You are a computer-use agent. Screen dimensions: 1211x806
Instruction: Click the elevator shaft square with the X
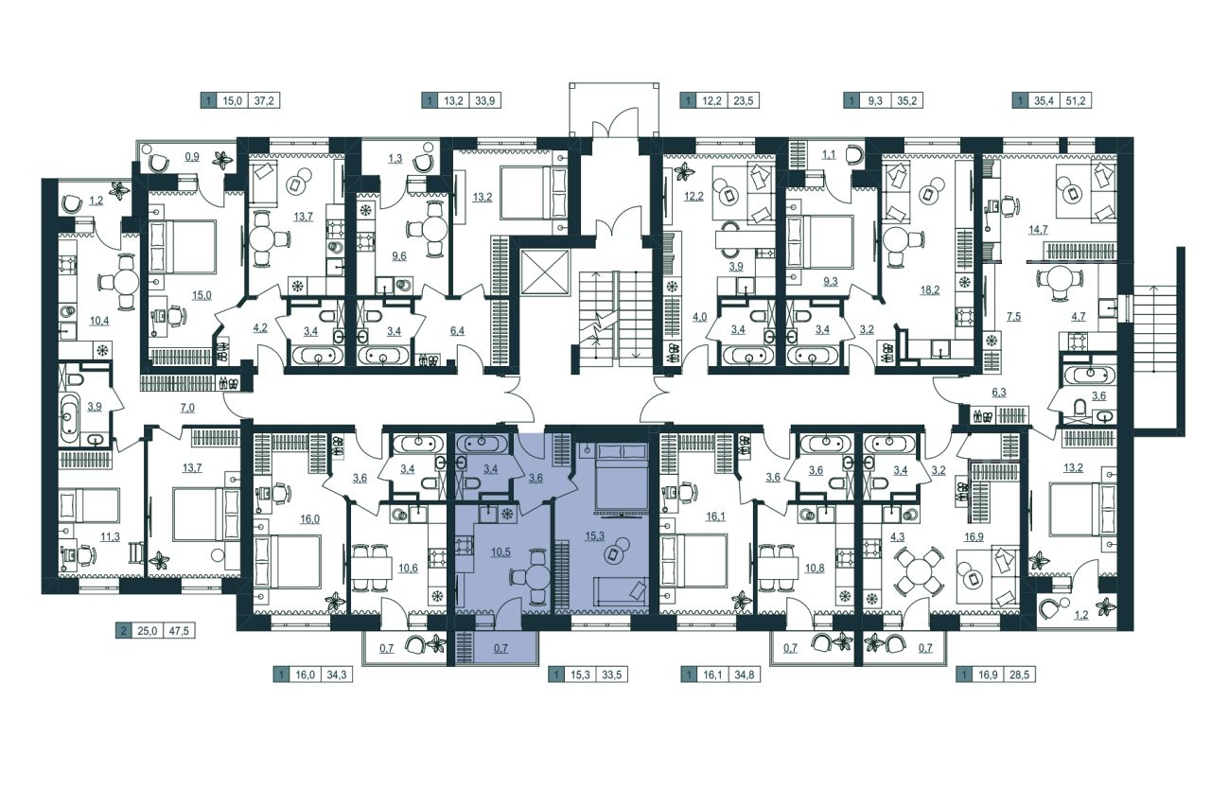(x=546, y=272)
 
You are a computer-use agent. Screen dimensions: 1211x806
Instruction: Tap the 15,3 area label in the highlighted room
(x=594, y=535)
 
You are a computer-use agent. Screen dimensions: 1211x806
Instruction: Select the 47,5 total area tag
(x=179, y=631)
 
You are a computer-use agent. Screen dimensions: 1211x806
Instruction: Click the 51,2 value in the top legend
(x=1076, y=100)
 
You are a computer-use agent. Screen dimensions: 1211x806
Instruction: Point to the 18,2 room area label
(x=930, y=289)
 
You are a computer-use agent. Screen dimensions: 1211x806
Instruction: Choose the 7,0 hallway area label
(x=187, y=408)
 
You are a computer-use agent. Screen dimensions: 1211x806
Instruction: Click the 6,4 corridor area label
(x=457, y=330)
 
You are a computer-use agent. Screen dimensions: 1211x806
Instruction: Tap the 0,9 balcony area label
(x=192, y=157)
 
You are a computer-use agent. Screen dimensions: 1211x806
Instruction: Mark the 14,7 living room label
(x=1038, y=229)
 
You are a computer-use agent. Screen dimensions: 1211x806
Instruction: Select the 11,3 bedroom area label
(x=111, y=536)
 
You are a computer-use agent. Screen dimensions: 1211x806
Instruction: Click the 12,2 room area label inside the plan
(x=693, y=196)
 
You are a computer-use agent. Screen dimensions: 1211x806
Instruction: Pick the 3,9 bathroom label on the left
(x=95, y=407)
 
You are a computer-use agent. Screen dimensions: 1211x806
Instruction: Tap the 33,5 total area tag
(x=612, y=675)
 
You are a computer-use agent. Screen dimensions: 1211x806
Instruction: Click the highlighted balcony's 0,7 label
(x=500, y=647)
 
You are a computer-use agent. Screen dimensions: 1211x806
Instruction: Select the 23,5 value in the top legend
(x=743, y=100)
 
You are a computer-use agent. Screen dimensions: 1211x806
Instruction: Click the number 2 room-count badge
(x=124, y=631)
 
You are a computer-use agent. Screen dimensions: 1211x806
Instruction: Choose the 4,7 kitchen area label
(x=1078, y=316)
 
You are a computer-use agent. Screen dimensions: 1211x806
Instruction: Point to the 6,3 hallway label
(x=999, y=392)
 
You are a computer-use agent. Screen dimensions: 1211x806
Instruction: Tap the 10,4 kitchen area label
(x=99, y=321)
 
